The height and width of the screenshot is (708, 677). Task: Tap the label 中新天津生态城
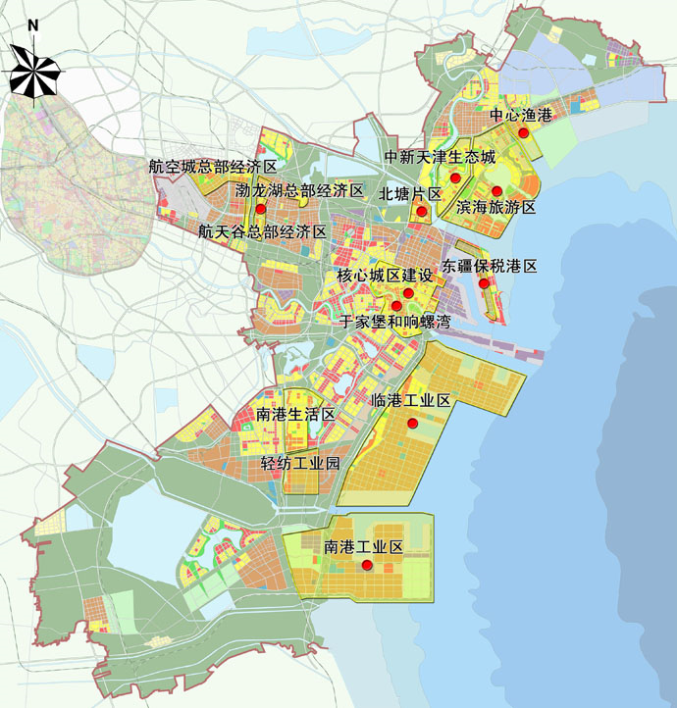coord(440,158)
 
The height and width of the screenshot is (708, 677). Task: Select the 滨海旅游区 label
coord(495,208)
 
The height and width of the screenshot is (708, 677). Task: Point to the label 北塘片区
coord(410,194)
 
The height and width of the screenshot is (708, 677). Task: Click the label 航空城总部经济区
coord(214,168)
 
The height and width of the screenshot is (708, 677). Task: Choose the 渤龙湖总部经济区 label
coord(299,190)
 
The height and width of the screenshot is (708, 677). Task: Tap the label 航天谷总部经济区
coord(262,232)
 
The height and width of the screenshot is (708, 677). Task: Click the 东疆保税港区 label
coord(491,266)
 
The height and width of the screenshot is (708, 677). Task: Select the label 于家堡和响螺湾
coord(394,321)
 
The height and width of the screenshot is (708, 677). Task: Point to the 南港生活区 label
coord(295,415)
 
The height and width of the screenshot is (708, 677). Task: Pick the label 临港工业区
coord(411,400)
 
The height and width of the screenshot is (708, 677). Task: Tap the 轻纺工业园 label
coord(300,463)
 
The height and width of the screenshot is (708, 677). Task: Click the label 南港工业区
coord(364,546)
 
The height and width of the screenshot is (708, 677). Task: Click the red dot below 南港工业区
coord(367,566)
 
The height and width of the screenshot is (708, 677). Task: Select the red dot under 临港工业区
coord(414,423)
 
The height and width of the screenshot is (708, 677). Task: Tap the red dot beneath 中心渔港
coord(525,132)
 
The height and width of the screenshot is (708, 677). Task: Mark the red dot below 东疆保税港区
coord(484,284)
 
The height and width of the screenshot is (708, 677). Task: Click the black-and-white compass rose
coord(34,70)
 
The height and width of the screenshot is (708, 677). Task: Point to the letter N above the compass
coord(33,25)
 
